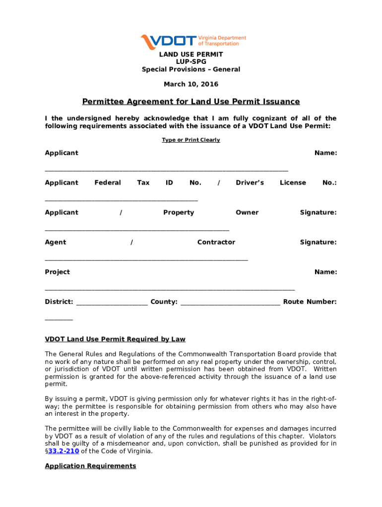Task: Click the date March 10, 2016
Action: (x=191, y=84)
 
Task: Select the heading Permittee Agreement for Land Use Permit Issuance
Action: (x=191, y=101)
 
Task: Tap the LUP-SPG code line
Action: (x=191, y=62)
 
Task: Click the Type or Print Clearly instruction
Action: (x=191, y=140)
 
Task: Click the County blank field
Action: (x=230, y=304)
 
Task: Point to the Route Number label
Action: (x=310, y=302)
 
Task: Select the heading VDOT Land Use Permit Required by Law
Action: (x=115, y=339)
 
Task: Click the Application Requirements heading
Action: (x=90, y=466)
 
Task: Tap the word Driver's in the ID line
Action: (x=250, y=183)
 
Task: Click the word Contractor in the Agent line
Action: (x=216, y=242)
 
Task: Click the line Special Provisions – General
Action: (x=191, y=69)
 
